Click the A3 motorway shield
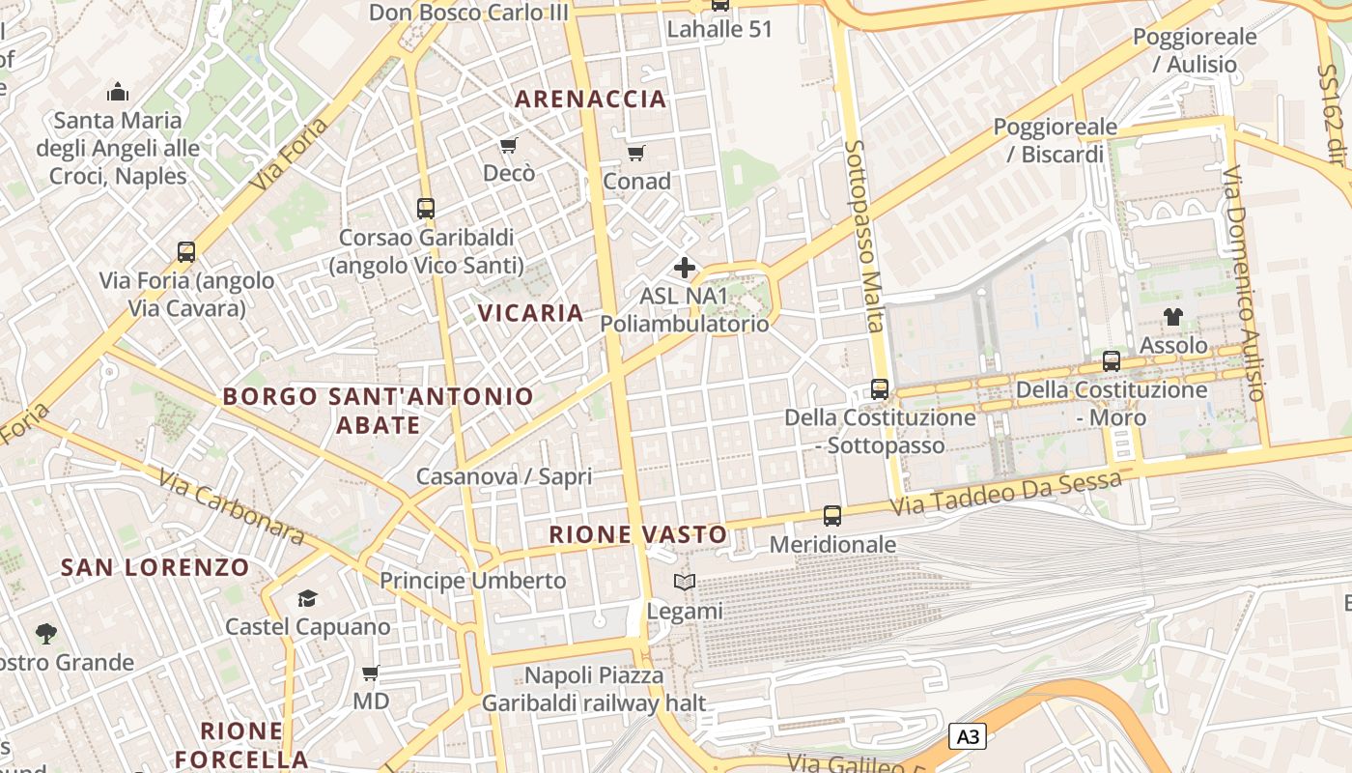pos(968,737)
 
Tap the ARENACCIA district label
pos(590,99)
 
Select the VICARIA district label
pos(531,313)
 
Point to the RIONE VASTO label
pos(637,534)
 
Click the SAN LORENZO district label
pos(155,567)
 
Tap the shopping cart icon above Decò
pos(508,145)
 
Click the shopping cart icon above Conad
pos(635,153)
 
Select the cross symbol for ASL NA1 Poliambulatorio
pos(685,267)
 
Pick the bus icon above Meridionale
pos(831,516)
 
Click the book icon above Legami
pos(684,582)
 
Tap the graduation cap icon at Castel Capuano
pos(307,598)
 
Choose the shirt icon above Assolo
pos(1172,316)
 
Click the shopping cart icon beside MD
pos(370,673)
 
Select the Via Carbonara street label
pos(232,507)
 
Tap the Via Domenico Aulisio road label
pos(1243,283)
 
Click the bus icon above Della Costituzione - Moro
pos(1112,361)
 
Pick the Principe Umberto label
pos(472,581)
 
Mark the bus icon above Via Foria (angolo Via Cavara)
pos(186,252)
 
